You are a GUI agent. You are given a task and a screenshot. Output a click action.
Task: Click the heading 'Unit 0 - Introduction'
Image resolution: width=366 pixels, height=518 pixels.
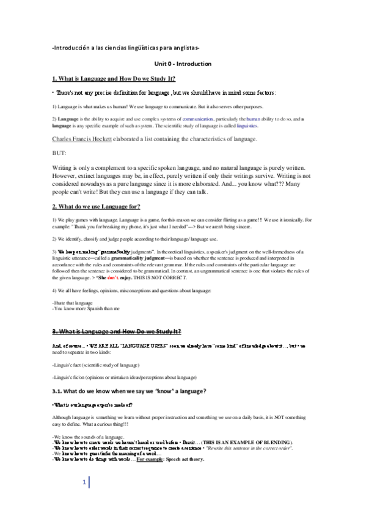[182, 64]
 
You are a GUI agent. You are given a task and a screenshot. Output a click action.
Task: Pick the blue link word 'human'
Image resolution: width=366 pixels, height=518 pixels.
[254, 119]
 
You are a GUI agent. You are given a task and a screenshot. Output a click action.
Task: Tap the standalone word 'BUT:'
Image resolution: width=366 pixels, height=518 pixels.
[59, 153]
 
